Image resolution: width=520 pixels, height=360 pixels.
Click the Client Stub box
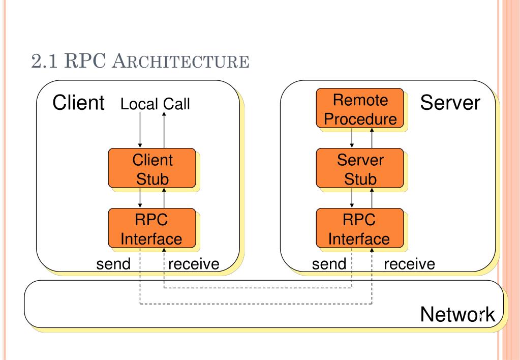click(152, 168)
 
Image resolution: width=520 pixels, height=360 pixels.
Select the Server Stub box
click(360, 168)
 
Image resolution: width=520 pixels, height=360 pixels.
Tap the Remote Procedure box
click(360, 108)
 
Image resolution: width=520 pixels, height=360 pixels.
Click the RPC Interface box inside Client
click(152, 228)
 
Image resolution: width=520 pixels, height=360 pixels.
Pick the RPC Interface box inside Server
click(360, 228)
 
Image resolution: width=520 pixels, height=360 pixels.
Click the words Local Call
click(155, 104)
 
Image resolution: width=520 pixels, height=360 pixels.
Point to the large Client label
click(79, 102)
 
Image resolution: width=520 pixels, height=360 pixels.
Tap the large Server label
click(450, 102)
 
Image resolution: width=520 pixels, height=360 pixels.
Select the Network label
click(457, 314)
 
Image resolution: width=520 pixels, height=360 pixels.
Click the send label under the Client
click(113, 264)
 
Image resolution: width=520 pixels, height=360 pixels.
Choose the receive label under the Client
click(194, 264)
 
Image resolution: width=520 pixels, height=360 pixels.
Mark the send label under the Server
click(329, 264)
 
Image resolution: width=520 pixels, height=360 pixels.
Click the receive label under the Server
click(409, 264)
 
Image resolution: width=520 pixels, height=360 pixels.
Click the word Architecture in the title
click(180, 61)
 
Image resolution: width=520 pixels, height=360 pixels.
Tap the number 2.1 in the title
click(44, 61)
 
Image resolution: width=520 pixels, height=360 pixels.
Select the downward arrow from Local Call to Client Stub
click(140, 130)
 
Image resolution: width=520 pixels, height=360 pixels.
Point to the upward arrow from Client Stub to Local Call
click(164, 130)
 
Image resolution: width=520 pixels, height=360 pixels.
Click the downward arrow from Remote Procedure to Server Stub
click(352, 138)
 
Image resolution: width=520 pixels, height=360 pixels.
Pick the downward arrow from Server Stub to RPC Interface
click(352, 198)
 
